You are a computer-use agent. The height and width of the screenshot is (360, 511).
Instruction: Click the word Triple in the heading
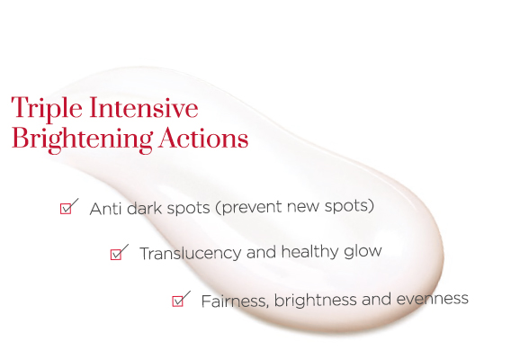tap(47, 109)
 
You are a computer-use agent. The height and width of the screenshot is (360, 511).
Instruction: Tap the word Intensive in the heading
tap(144, 107)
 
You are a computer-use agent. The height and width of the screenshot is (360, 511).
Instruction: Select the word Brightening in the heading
tap(82, 139)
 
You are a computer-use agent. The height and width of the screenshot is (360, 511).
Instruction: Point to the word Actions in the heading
tap(203, 138)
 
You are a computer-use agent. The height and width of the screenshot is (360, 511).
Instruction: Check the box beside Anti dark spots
tap(66, 209)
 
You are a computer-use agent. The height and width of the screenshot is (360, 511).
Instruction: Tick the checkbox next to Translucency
tap(116, 255)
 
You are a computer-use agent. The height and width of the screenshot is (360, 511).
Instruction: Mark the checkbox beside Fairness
tap(177, 301)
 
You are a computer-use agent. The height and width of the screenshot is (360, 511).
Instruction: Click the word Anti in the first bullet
tap(104, 209)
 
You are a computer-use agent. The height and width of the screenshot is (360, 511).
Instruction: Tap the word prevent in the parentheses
tap(248, 207)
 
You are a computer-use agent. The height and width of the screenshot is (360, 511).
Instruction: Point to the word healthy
tap(309, 252)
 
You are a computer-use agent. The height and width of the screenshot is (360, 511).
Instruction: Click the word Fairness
tap(236, 301)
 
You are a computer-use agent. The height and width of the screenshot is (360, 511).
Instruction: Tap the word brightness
tap(315, 300)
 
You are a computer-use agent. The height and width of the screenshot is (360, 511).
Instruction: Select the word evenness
tap(433, 299)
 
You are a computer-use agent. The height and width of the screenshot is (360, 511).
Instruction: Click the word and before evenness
tap(376, 299)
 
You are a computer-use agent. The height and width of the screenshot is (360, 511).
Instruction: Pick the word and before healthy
tap(261, 252)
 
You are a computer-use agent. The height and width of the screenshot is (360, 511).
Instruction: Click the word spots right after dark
tap(188, 209)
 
